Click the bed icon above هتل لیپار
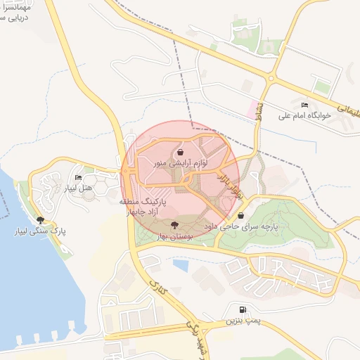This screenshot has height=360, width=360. click(x=78, y=177)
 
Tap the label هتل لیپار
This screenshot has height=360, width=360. click(x=78, y=188)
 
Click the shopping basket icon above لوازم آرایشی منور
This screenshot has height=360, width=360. click(x=181, y=152)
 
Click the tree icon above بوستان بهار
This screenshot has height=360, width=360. click(x=174, y=224)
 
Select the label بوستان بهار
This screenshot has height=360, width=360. click(x=174, y=238)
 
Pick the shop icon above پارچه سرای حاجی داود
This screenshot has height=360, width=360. click(x=241, y=216)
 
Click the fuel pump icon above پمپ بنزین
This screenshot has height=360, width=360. click(x=243, y=309)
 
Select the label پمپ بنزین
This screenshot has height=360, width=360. click(x=243, y=321)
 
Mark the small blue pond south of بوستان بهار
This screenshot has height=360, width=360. click(x=181, y=266)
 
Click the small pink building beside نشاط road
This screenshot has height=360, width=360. click(x=252, y=108)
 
